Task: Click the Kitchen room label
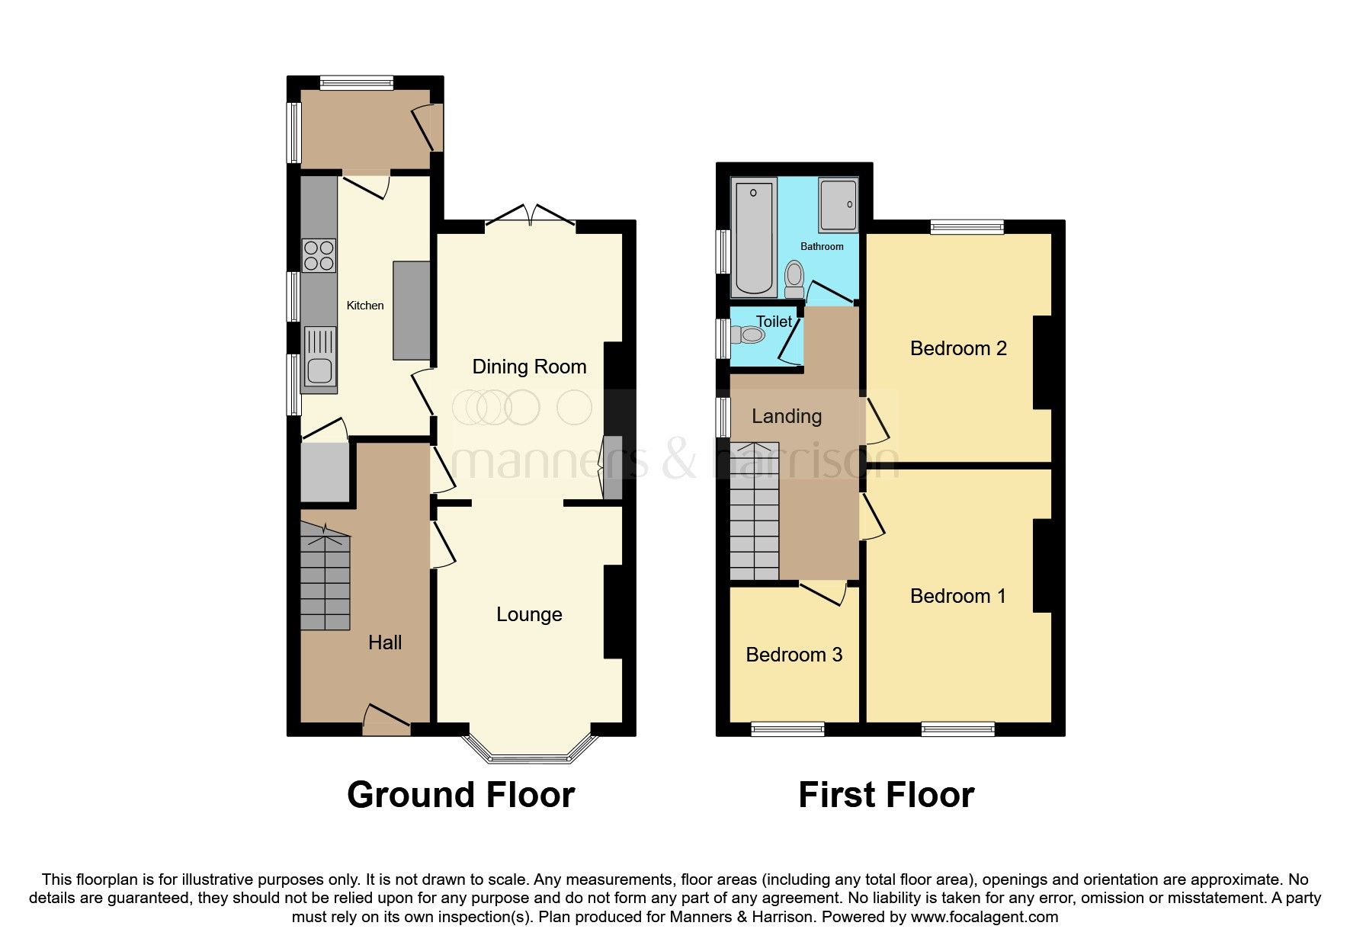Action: pos(365,306)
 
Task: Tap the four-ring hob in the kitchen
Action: pos(319,255)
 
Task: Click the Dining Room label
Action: pos(529,367)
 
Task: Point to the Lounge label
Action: pos(529,614)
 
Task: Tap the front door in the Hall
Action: pos(386,720)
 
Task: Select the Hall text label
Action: pos(385,642)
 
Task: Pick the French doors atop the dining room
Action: pos(530,216)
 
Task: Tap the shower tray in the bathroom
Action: pos(839,206)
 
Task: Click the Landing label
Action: pos(787,416)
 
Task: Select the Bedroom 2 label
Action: pos(958,348)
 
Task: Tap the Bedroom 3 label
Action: pos(794,655)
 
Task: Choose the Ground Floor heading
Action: pos(460,795)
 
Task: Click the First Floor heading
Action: pos(886,795)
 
